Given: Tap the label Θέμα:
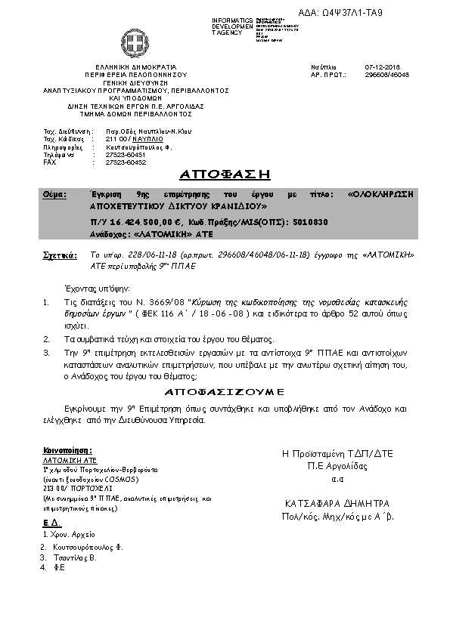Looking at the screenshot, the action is click(x=54, y=194).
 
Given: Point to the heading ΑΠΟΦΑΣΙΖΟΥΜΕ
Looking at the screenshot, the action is click(x=224, y=393).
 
